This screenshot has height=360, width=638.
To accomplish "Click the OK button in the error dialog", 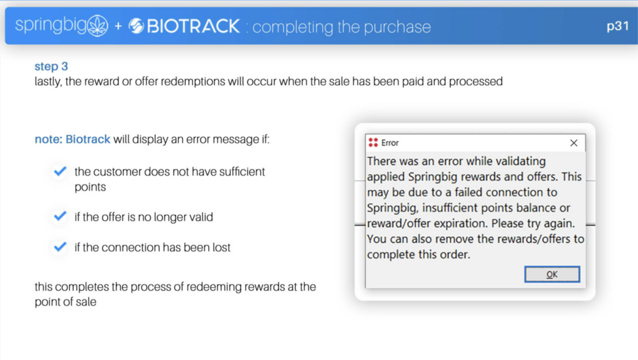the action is tap(552, 275).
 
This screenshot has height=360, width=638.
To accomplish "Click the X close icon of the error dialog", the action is tap(574, 143).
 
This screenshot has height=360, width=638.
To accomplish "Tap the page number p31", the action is tap(617, 26).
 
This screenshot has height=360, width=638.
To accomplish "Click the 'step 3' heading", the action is tap(51, 66).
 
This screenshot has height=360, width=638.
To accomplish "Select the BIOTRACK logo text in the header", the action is tap(193, 26).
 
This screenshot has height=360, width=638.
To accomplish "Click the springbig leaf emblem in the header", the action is tap(98, 26).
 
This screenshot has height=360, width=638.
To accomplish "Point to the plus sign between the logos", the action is tap(118, 27).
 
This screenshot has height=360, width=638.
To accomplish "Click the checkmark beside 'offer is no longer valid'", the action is tap(60, 216).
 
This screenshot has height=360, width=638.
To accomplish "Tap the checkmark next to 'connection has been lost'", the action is tap(60, 247).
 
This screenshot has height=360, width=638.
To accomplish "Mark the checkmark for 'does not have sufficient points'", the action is tap(60, 171).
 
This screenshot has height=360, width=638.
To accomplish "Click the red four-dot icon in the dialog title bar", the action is tap(373, 143).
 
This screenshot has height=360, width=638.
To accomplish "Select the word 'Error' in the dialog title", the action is tap(390, 143).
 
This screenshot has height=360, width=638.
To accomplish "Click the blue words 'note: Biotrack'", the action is tap(72, 139).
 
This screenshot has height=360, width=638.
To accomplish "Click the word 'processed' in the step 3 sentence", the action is tap(475, 82).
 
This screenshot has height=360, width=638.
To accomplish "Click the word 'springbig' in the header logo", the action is tap(51, 26).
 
